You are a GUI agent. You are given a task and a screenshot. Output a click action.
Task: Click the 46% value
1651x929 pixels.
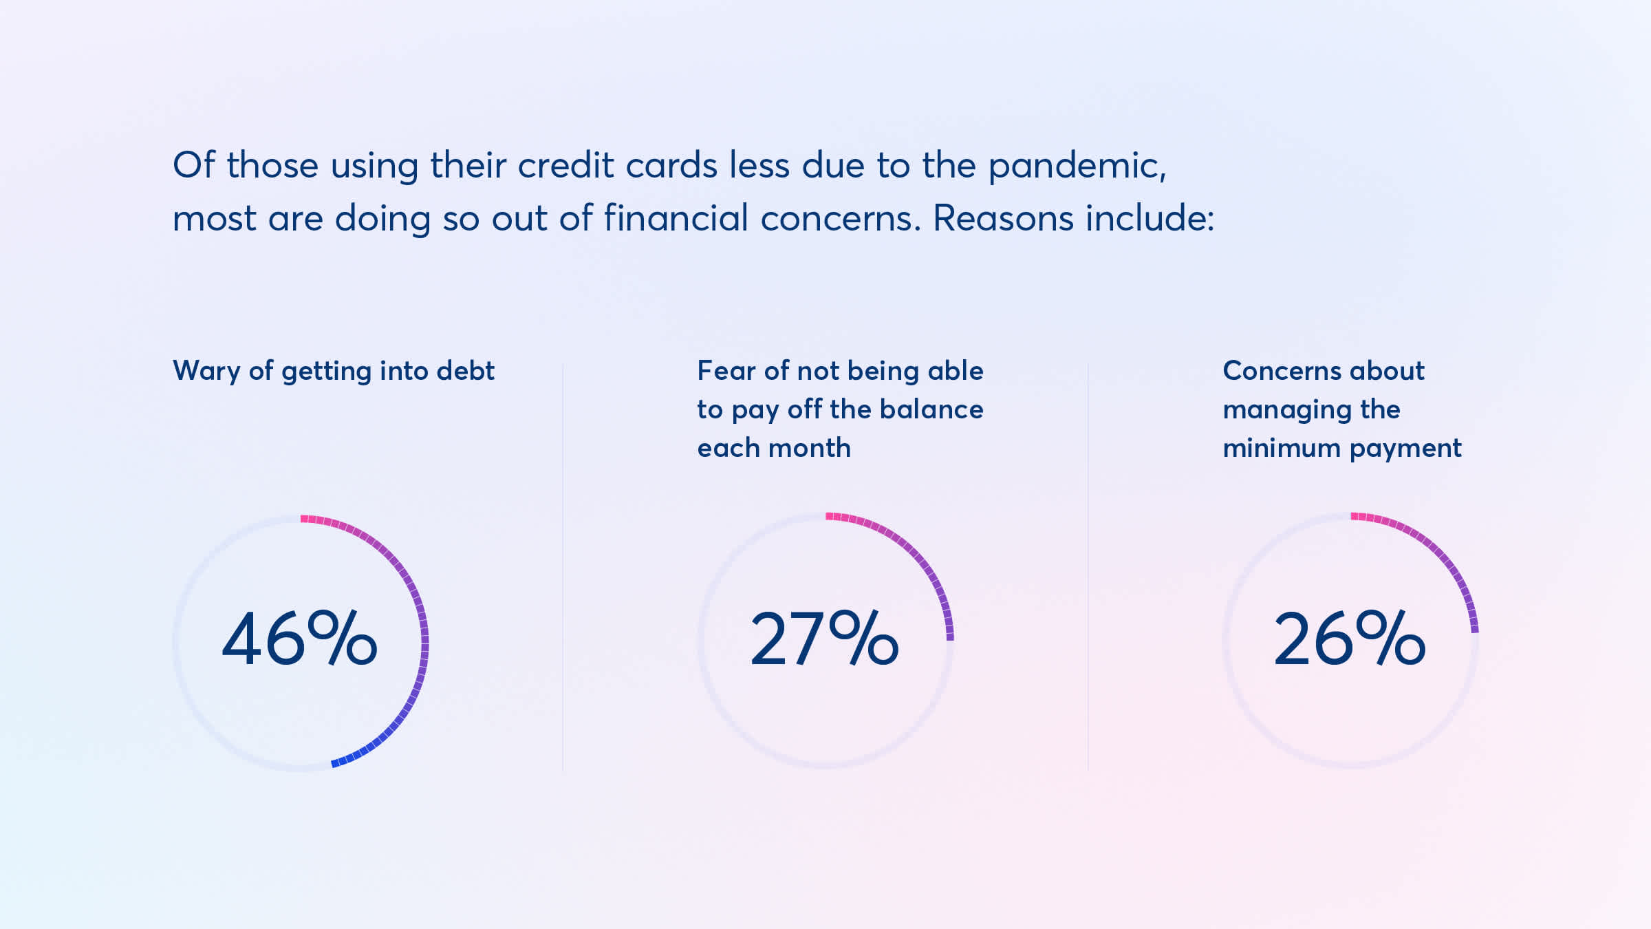pos(299,639)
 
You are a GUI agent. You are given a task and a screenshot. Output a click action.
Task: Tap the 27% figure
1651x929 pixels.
pos(824,639)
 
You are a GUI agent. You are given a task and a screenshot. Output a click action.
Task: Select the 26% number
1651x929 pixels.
pos(1350,639)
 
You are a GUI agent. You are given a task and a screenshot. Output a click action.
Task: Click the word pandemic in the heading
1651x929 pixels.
pos(1077,167)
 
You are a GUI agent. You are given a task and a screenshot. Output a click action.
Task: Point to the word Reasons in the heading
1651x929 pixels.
pos(1003,218)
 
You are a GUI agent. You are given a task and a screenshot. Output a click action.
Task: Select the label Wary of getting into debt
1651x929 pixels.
pos(334,371)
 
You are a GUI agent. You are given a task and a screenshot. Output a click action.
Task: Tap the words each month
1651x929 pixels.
pos(774,448)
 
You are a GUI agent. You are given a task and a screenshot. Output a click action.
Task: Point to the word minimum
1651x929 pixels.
pos(1282,448)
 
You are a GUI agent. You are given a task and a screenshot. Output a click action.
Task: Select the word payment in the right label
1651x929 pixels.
pos(1405,449)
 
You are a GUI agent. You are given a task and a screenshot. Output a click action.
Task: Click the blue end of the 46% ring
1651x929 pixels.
pos(334,763)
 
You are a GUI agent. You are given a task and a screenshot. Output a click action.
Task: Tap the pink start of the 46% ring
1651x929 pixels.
pos(303,518)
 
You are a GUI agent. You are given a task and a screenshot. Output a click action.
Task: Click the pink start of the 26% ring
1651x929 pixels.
pos(1355,516)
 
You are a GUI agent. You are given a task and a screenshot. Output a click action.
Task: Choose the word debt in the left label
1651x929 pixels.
pos(466,371)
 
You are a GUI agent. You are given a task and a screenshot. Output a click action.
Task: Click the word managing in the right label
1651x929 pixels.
pos(1282,411)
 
